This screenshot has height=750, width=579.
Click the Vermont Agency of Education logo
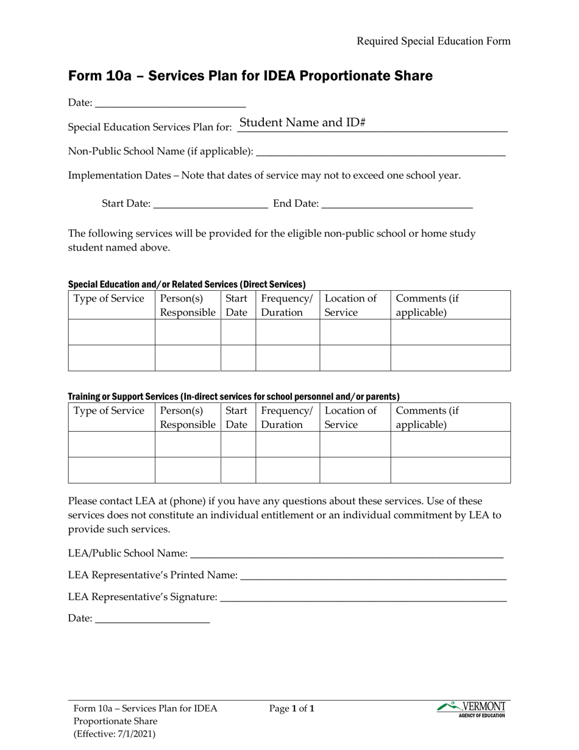tap(471, 709)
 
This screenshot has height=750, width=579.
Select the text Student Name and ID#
tap(302, 123)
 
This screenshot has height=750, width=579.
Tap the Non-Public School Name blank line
tap(380, 151)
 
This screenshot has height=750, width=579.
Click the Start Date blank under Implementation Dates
tap(211, 204)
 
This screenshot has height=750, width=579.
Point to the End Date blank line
tap(397, 204)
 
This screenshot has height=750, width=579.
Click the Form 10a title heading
tap(250, 76)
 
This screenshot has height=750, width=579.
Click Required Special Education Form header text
tap(433, 41)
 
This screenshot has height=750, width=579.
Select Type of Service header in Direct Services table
tap(110, 299)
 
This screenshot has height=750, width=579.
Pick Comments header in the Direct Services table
tap(427, 305)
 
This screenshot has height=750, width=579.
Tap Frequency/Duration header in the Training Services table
tap(286, 418)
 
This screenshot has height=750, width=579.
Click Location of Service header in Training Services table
tap(350, 418)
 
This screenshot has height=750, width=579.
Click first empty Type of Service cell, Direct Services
tap(112, 332)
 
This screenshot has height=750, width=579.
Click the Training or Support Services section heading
tap(233, 396)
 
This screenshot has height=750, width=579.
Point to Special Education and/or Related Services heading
tap(186, 284)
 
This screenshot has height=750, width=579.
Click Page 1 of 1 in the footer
tap(293, 709)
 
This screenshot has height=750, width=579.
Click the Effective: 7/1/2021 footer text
tap(114, 734)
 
